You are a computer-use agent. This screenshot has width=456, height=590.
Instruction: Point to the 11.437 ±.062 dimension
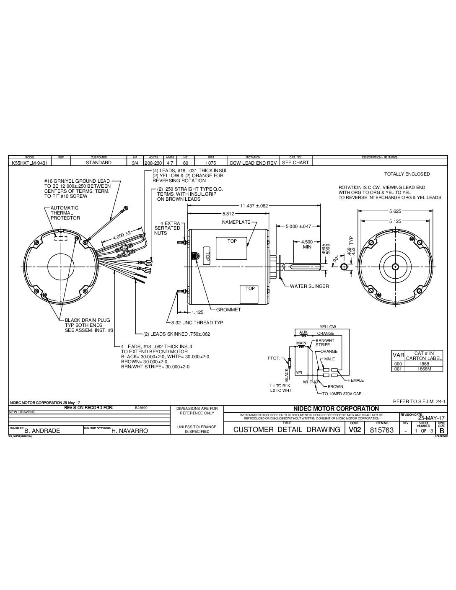(254, 206)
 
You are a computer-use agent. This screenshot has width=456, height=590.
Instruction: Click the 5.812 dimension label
(229, 214)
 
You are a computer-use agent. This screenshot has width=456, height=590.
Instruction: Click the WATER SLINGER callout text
(309, 286)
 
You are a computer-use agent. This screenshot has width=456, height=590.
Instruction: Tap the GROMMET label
(228, 310)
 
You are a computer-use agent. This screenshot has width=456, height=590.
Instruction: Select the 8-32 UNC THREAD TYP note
(197, 323)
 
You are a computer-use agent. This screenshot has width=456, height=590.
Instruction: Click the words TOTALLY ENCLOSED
(407, 174)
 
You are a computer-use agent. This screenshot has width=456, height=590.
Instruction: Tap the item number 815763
(383, 430)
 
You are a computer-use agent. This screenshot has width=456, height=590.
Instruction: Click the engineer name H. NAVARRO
(130, 430)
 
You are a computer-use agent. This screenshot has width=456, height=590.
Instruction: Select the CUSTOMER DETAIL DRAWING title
(286, 430)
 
